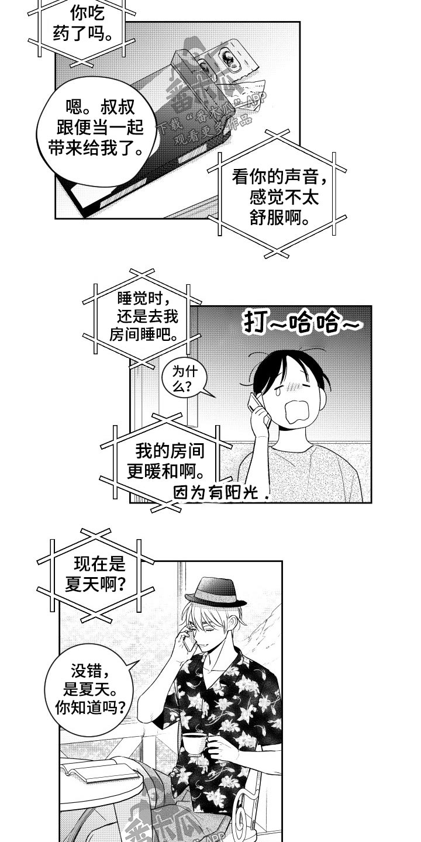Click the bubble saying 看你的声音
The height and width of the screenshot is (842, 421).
275,196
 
